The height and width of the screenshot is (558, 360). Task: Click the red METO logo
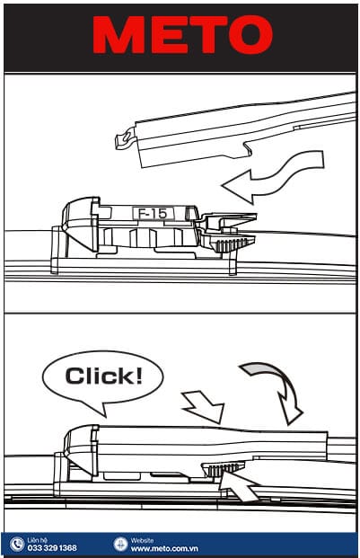[x=182, y=35]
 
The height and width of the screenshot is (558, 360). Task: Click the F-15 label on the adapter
[x=154, y=214]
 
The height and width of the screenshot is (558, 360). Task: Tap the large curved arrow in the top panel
[x=274, y=178]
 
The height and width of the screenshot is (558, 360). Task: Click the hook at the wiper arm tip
[x=125, y=140]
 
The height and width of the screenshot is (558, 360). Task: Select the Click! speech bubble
[x=102, y=378]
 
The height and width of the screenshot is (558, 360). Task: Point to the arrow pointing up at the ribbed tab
[x=237, y=485]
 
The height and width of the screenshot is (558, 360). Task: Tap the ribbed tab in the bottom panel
[x=223, y=469]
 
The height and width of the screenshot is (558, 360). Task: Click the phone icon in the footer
[x=16, y=544]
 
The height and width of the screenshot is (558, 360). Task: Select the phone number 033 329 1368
[x=52, y=548]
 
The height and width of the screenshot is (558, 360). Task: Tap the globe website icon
[x=120, y=544]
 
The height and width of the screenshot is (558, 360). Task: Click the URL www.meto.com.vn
[x=164, y=548]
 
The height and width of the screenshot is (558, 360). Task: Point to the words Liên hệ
[x=38, y=540]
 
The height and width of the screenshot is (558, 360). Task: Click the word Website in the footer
[x=142, y=540]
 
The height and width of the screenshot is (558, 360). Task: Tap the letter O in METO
[x=250, y=35]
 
